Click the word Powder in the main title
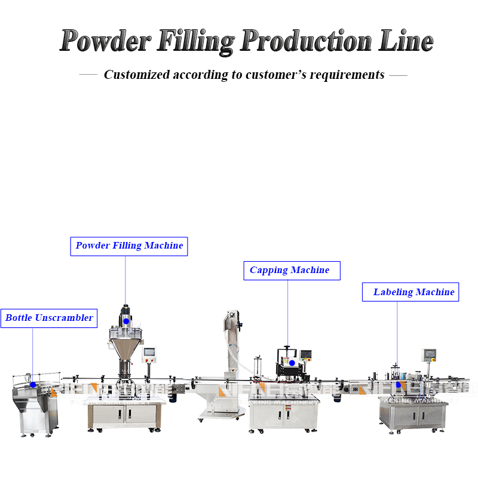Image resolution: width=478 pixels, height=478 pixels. click(105, 41)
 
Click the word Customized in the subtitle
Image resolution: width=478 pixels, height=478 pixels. click(136, 75)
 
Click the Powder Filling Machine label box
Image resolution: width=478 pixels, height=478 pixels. click(129, 246)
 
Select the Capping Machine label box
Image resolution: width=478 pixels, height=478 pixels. click(291, 270)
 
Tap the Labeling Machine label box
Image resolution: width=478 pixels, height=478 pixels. click(410, 292)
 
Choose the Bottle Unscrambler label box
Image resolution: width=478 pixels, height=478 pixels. click(48, 318)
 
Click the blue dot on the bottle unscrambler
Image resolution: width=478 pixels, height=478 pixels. click(33, 384)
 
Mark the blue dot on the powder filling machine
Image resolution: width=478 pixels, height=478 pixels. click(126, 321)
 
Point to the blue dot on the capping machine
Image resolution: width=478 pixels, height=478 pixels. click(292, 362)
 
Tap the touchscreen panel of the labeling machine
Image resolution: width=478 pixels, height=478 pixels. click(428, 354)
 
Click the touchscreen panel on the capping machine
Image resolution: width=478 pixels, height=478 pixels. click(306, 356)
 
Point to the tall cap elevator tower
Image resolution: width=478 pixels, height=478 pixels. click(232, 341)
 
